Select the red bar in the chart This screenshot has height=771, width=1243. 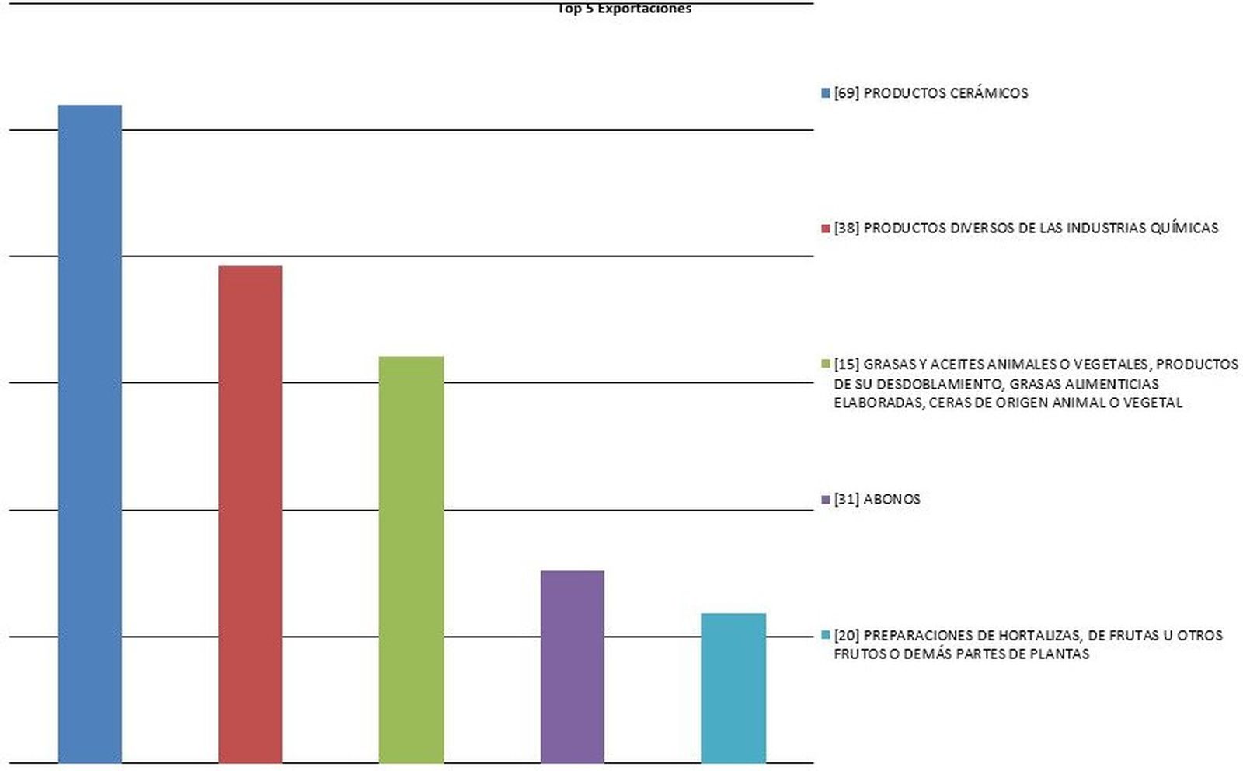click(250, 514)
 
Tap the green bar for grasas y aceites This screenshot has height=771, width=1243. click(411, 560)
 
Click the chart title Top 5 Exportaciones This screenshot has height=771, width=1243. click(625, 9)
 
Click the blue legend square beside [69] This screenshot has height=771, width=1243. click(826, 93)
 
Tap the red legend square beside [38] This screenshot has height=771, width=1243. click(826, 229)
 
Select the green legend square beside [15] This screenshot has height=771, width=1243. click(826, 364)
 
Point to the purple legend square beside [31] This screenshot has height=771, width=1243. click(826, 500)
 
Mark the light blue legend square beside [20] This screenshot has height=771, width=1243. click(826, 635)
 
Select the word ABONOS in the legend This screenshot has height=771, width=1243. click(892, 500)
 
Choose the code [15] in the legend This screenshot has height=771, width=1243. click(847, 364)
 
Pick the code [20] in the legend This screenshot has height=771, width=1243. click(847, 635)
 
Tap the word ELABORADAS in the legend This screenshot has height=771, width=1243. click(878, 403)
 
